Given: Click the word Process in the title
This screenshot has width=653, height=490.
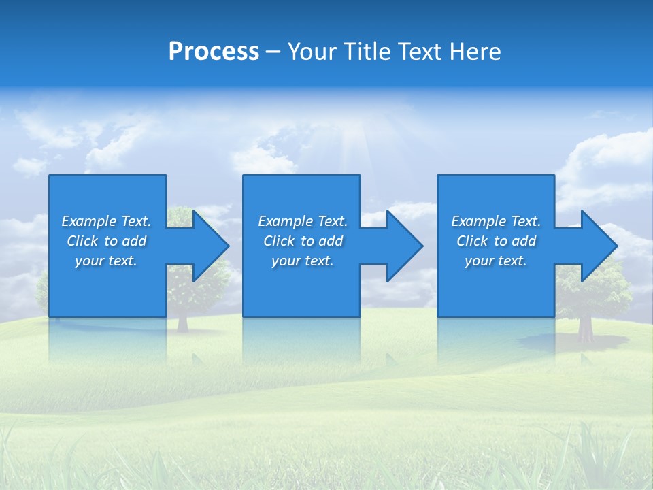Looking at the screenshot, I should pos(214,52).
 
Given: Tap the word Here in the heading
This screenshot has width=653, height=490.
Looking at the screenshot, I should pos(475,52).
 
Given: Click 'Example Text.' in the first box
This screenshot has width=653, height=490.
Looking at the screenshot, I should pos(106,221).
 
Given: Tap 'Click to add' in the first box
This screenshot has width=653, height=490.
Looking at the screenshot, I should pos(106,241).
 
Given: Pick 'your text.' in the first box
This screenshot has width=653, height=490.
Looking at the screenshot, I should pos(106,261).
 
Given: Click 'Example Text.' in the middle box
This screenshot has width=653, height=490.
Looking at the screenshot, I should pos(303,221).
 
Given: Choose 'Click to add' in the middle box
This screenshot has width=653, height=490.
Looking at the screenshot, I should pos(303,241).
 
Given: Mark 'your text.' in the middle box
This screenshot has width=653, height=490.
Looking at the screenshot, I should pos(303,261).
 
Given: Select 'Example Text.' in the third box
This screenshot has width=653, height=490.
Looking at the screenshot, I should pos(496,221).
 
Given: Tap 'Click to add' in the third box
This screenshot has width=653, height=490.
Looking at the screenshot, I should pos(496,241).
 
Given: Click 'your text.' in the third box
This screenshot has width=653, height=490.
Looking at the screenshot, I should pos(496,261).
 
